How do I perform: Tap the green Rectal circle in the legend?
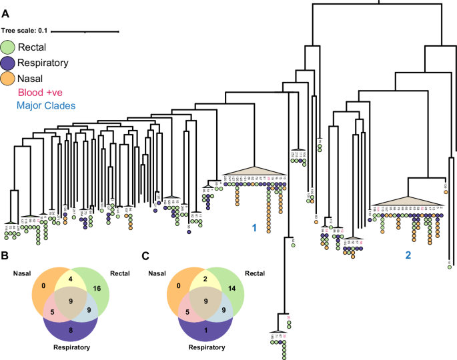9,47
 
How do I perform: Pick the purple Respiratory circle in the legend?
9,63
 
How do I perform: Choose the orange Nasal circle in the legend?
9,79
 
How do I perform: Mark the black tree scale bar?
85,30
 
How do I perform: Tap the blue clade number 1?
254,228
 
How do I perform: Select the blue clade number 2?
408,254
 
